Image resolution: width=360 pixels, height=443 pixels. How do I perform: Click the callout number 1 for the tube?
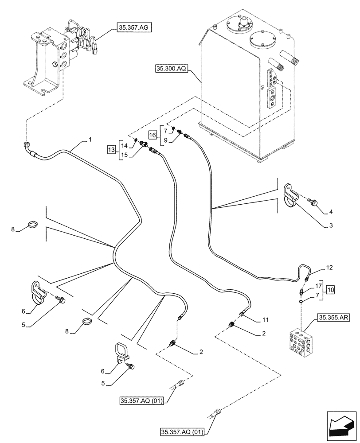90,140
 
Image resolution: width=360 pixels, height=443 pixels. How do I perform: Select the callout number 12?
329,267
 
